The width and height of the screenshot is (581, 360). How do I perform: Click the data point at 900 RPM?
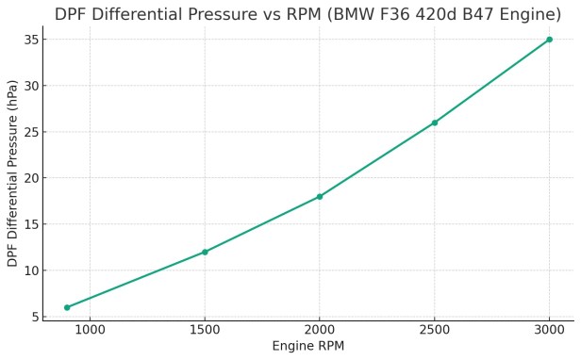[x=67, y=307]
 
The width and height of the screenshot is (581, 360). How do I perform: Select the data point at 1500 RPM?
[x=205, y=252]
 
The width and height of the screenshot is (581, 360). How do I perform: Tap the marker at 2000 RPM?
[x=320, y=196]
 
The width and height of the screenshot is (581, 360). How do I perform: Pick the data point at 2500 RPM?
[x=435, y=123]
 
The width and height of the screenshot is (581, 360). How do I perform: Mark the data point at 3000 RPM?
[x=549, y=40]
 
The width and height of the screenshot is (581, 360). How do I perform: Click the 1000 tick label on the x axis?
[x=90, y=331]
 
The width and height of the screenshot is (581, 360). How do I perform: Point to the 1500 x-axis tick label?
[x=205, y=331]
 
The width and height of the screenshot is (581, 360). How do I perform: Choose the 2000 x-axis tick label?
[x=320, y=331]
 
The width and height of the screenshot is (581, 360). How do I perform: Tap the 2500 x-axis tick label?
[x=435, y=331]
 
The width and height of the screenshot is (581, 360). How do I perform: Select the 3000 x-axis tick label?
[x=549, y=331]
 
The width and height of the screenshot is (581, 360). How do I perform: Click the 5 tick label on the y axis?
[x=33, y=317]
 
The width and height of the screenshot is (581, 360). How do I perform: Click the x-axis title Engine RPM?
[x=307, y=347]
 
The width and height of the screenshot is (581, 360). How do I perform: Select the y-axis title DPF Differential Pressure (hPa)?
[x=12, y=173]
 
